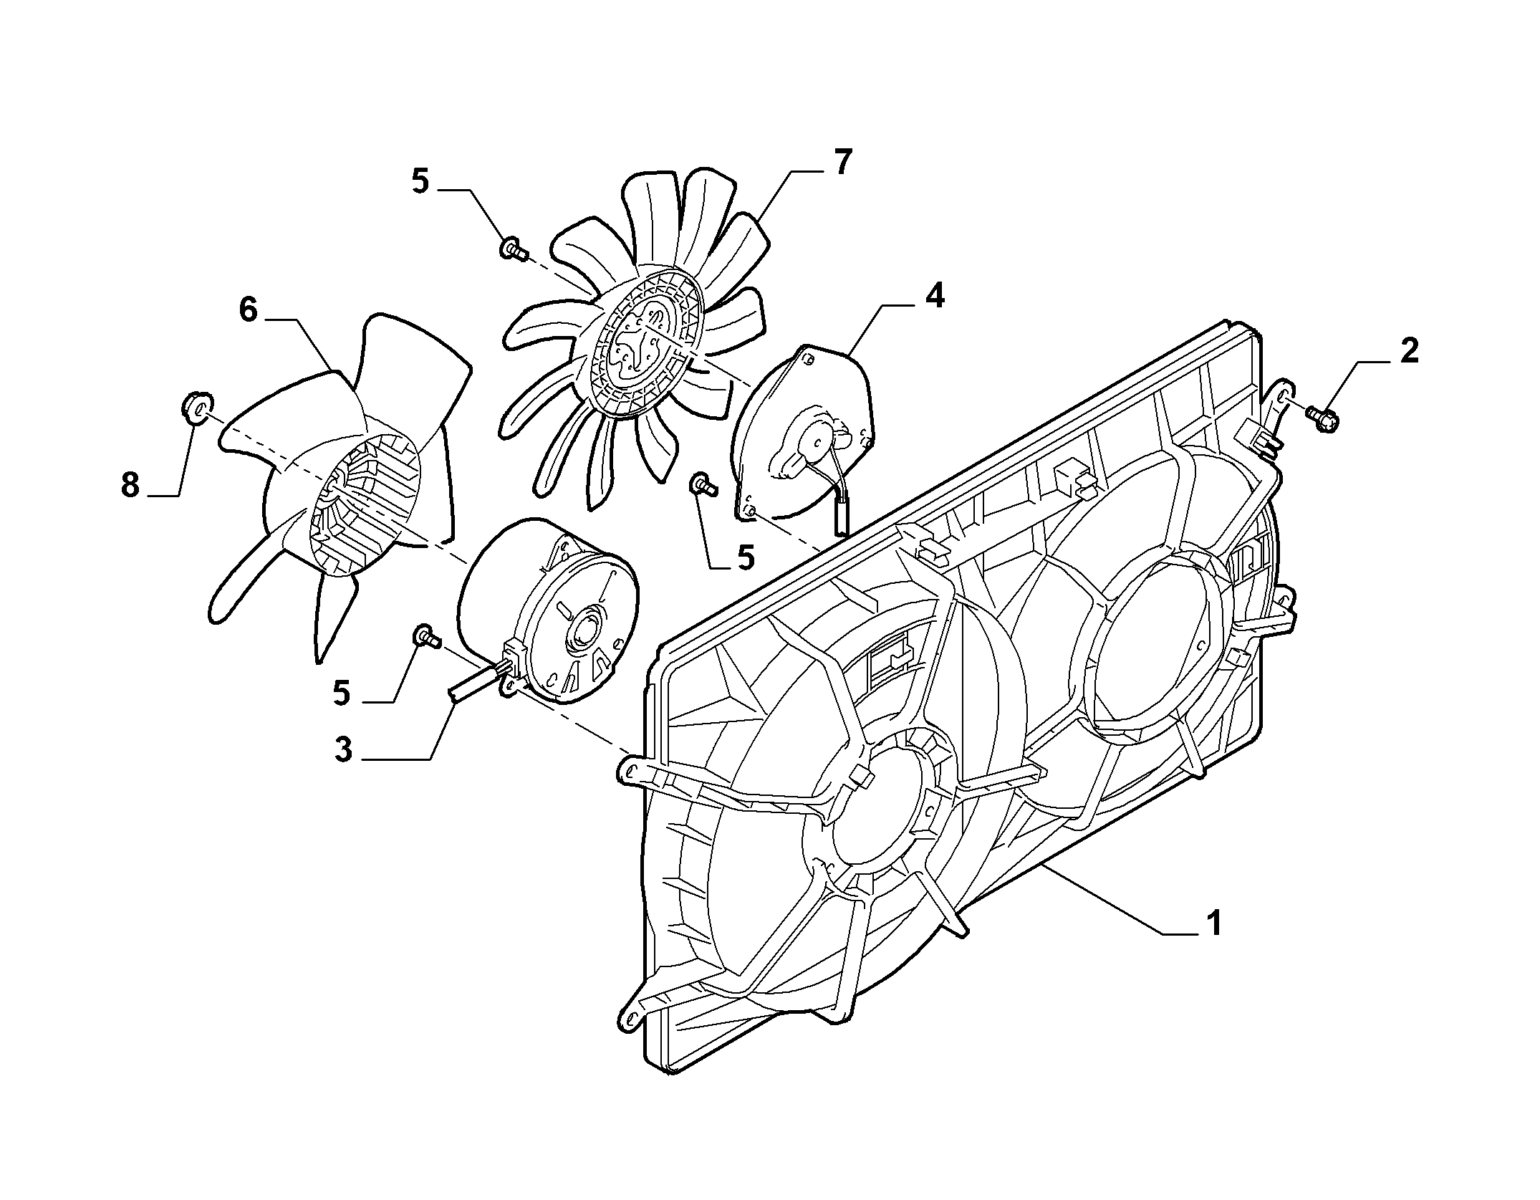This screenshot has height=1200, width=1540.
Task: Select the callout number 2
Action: tap(1408, 352)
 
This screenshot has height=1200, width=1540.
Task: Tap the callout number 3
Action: tap(344, 749)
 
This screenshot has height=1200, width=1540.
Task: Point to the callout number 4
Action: tap(933, 297)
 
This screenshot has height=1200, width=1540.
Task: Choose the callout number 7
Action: tap(842, 163)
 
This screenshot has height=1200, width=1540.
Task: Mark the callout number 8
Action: tap(130, 486)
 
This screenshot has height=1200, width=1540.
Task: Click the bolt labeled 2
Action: tap(1322, 416)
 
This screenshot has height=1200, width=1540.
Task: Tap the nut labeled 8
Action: tap(196, 408)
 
